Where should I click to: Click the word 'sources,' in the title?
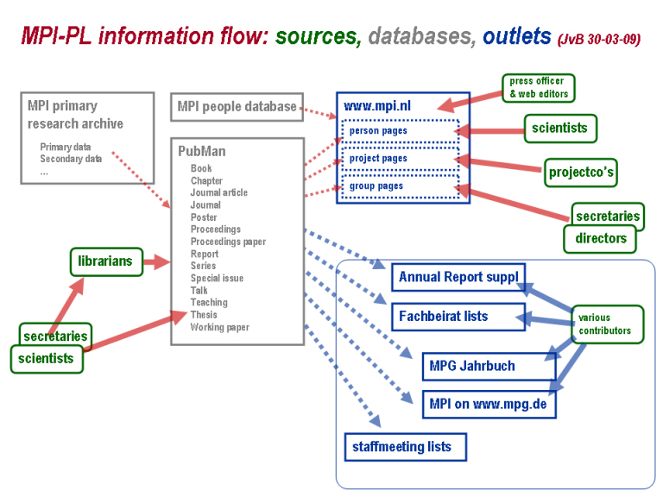[x=318, y=36]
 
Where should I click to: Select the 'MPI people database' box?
[x=237, y=107]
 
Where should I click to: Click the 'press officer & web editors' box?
[x=539, y=88]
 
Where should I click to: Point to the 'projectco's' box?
[x=581, y=173]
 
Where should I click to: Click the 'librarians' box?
[x=105, y=261]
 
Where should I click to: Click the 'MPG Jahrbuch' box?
[x=489, y=366]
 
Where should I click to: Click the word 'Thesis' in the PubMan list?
[x=204, y=315]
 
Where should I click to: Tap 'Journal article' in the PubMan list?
[x=218, y=193]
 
